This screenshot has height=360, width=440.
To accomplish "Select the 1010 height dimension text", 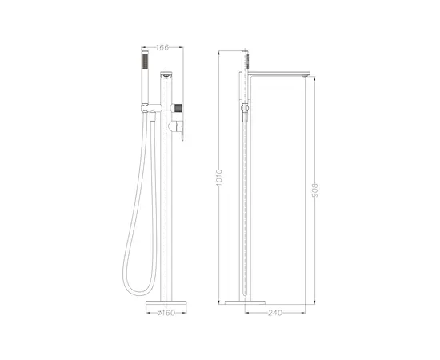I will click(x=219, y=179).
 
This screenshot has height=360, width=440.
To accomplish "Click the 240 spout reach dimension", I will click(x=277, y=312).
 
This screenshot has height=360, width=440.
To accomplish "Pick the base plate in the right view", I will click(x=244, y=302).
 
